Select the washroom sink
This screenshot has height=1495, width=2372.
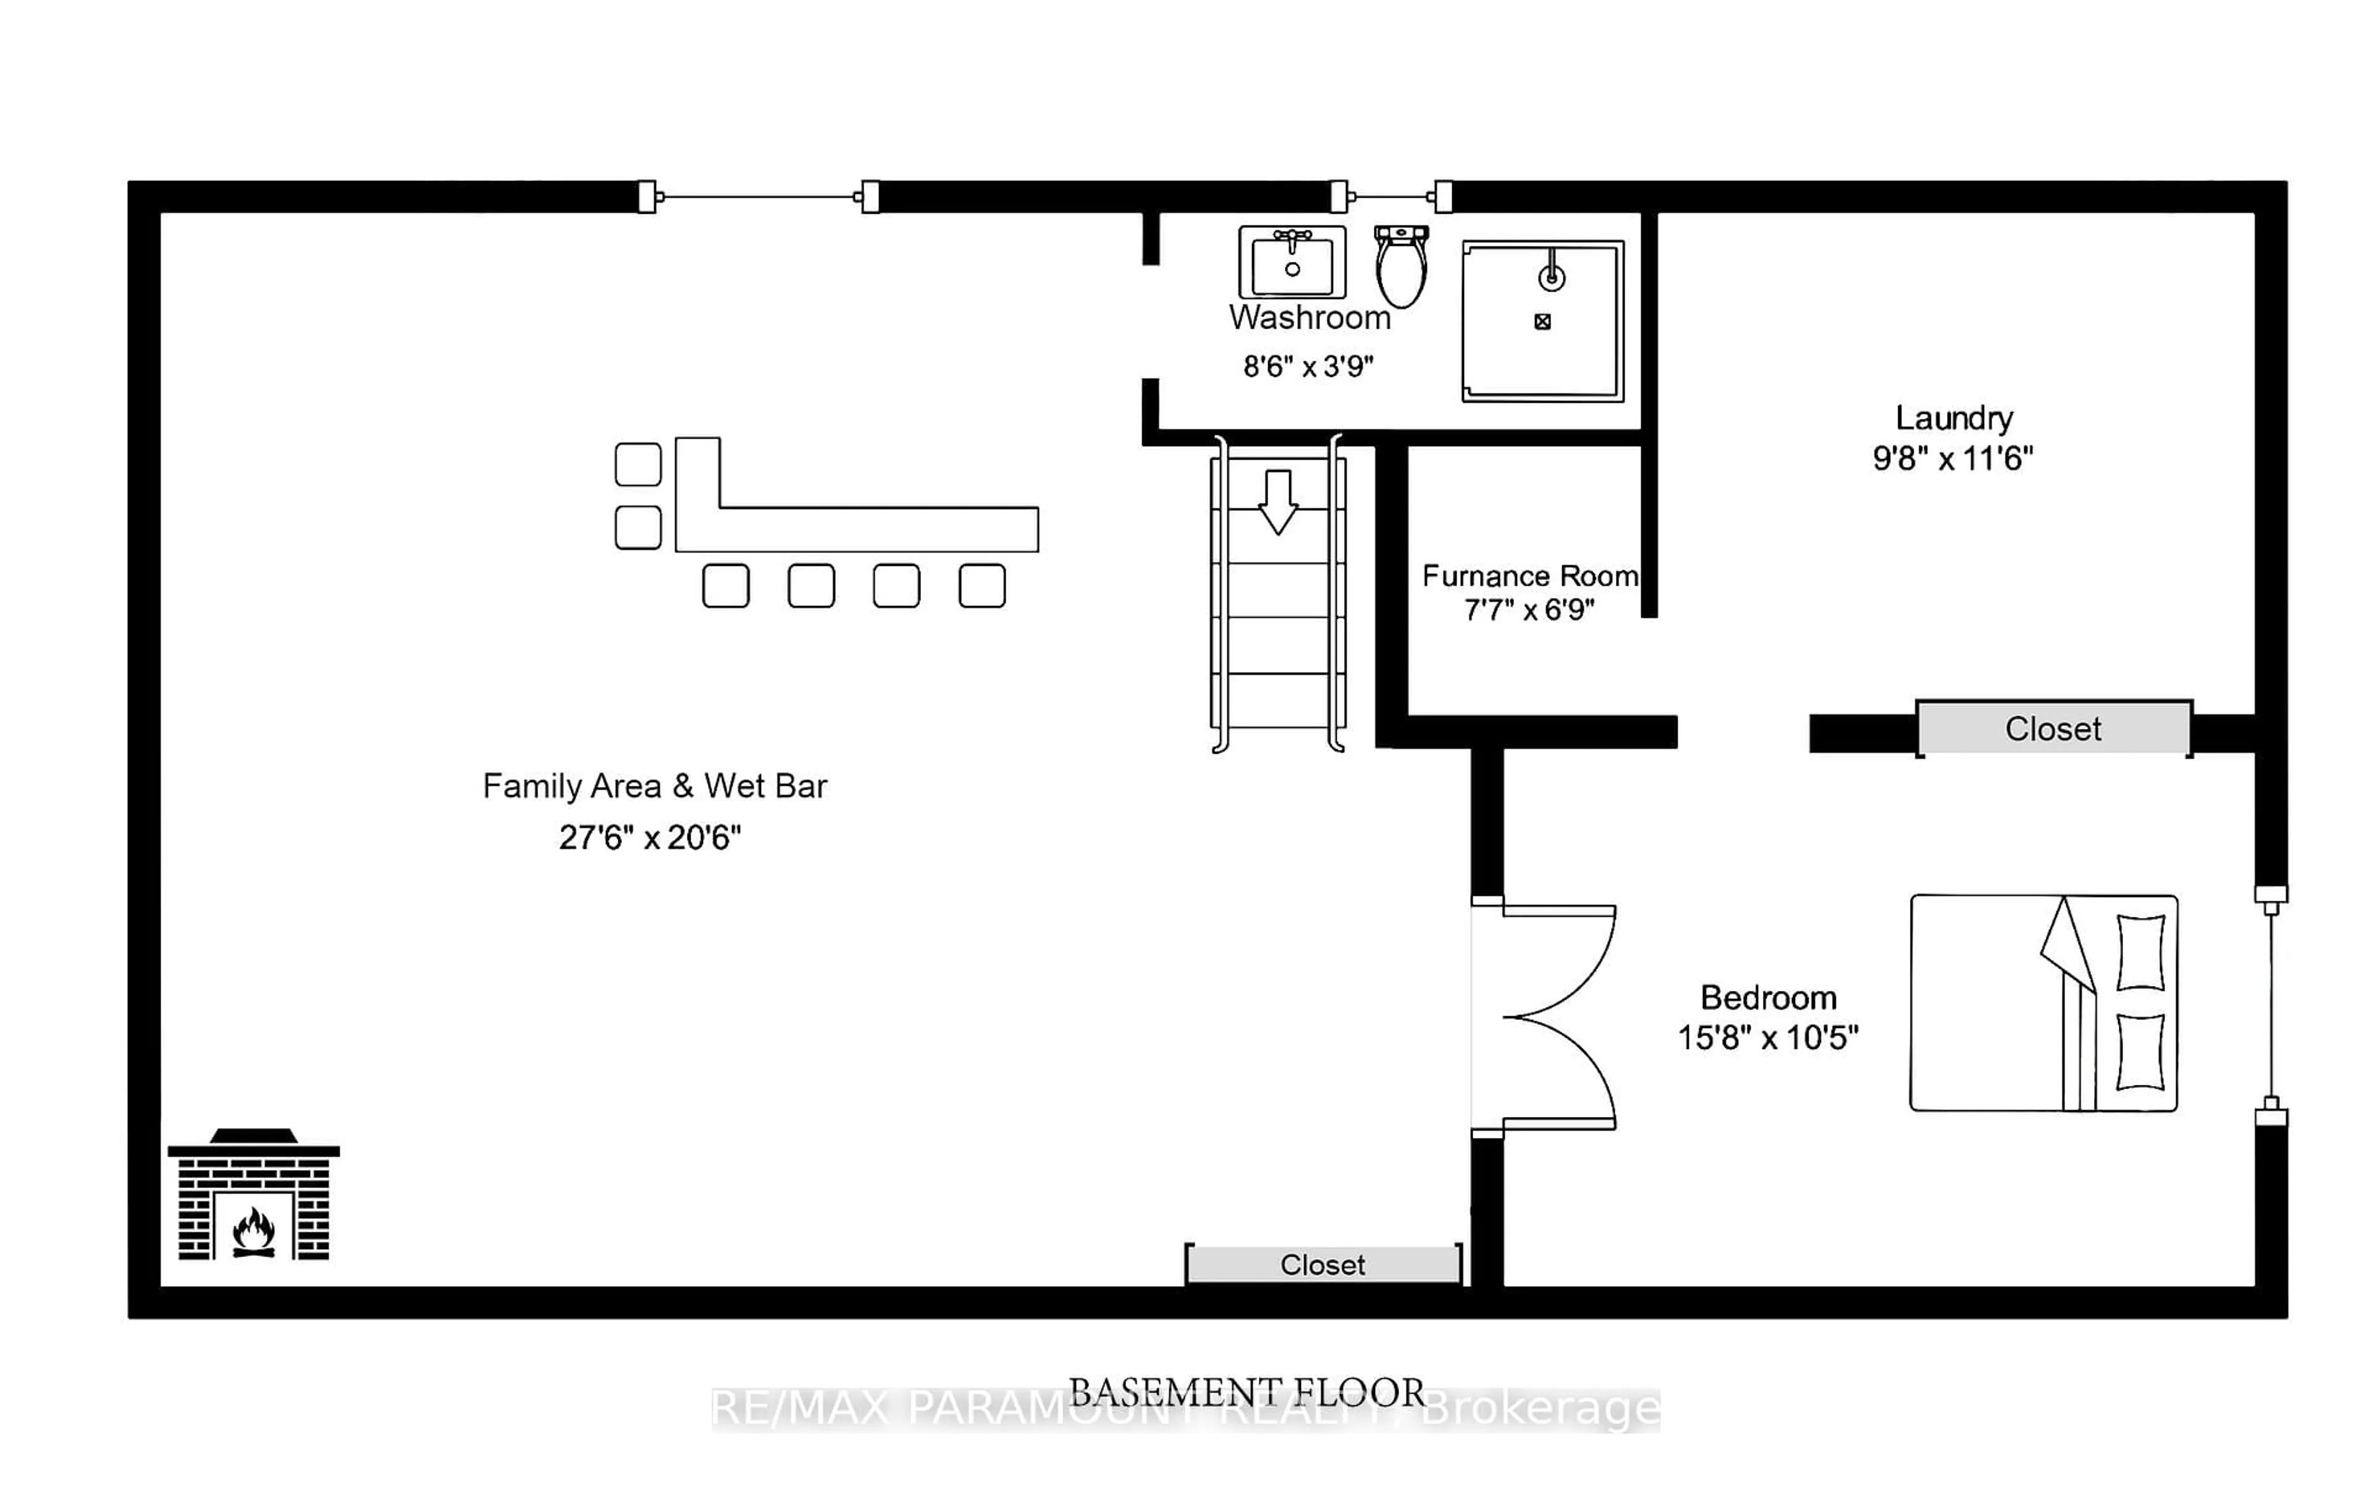[x=1292, y=262]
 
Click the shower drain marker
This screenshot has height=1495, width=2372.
[x=1542, y=321]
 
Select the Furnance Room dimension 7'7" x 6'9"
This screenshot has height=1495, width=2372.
[x=1529, y=610]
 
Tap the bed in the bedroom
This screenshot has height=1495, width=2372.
[x=2043, y=1003]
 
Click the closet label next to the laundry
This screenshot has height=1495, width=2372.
[x=2053, y=729]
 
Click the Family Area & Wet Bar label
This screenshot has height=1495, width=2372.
[x=654, y=786]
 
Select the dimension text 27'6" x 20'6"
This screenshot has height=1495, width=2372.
[x=649, y=837]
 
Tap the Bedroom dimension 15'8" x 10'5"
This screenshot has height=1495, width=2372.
[x=1767, y=1038]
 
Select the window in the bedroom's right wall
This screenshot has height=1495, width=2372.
[x=2271, y=1004]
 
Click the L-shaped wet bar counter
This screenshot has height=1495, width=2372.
[x=857, y=529]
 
